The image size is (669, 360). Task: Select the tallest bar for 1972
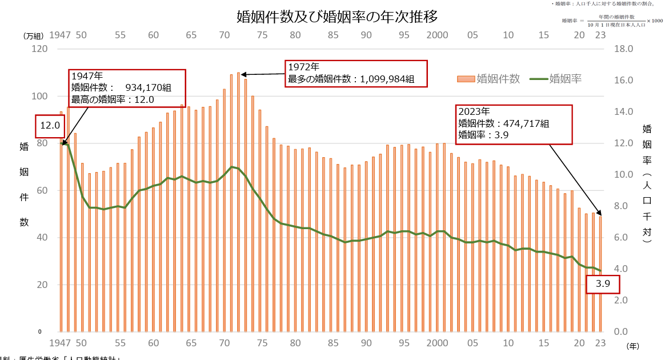(238, 200)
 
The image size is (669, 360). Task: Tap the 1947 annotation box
(128, 87)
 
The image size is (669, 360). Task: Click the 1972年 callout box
(356, 73)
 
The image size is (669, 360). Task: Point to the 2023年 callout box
(514, 123)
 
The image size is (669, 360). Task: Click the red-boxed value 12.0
(50, 126)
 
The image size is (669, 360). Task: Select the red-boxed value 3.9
(603, 283)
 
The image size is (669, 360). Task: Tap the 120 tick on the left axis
(39, 49)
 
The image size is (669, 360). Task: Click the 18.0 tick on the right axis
(622, 49)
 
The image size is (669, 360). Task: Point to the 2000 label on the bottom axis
(438, 343)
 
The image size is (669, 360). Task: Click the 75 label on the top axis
(262, 35)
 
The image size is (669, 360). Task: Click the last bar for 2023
(600, 274)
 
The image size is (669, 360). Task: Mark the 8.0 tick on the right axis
(622, 206)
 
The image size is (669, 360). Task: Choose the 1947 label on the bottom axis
(59, 343)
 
